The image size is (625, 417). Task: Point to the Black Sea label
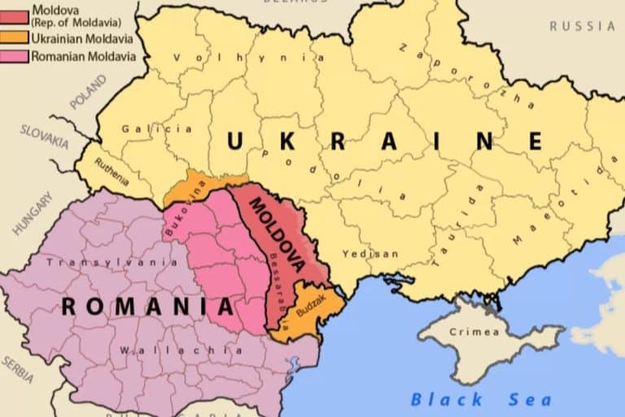coord(480,399)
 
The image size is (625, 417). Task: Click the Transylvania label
coord(112,262)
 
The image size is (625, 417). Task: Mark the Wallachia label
coord(181,350)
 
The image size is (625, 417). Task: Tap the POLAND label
coord(88,92)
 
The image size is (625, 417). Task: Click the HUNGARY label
coord(31,214)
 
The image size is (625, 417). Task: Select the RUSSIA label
coord(583,26)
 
